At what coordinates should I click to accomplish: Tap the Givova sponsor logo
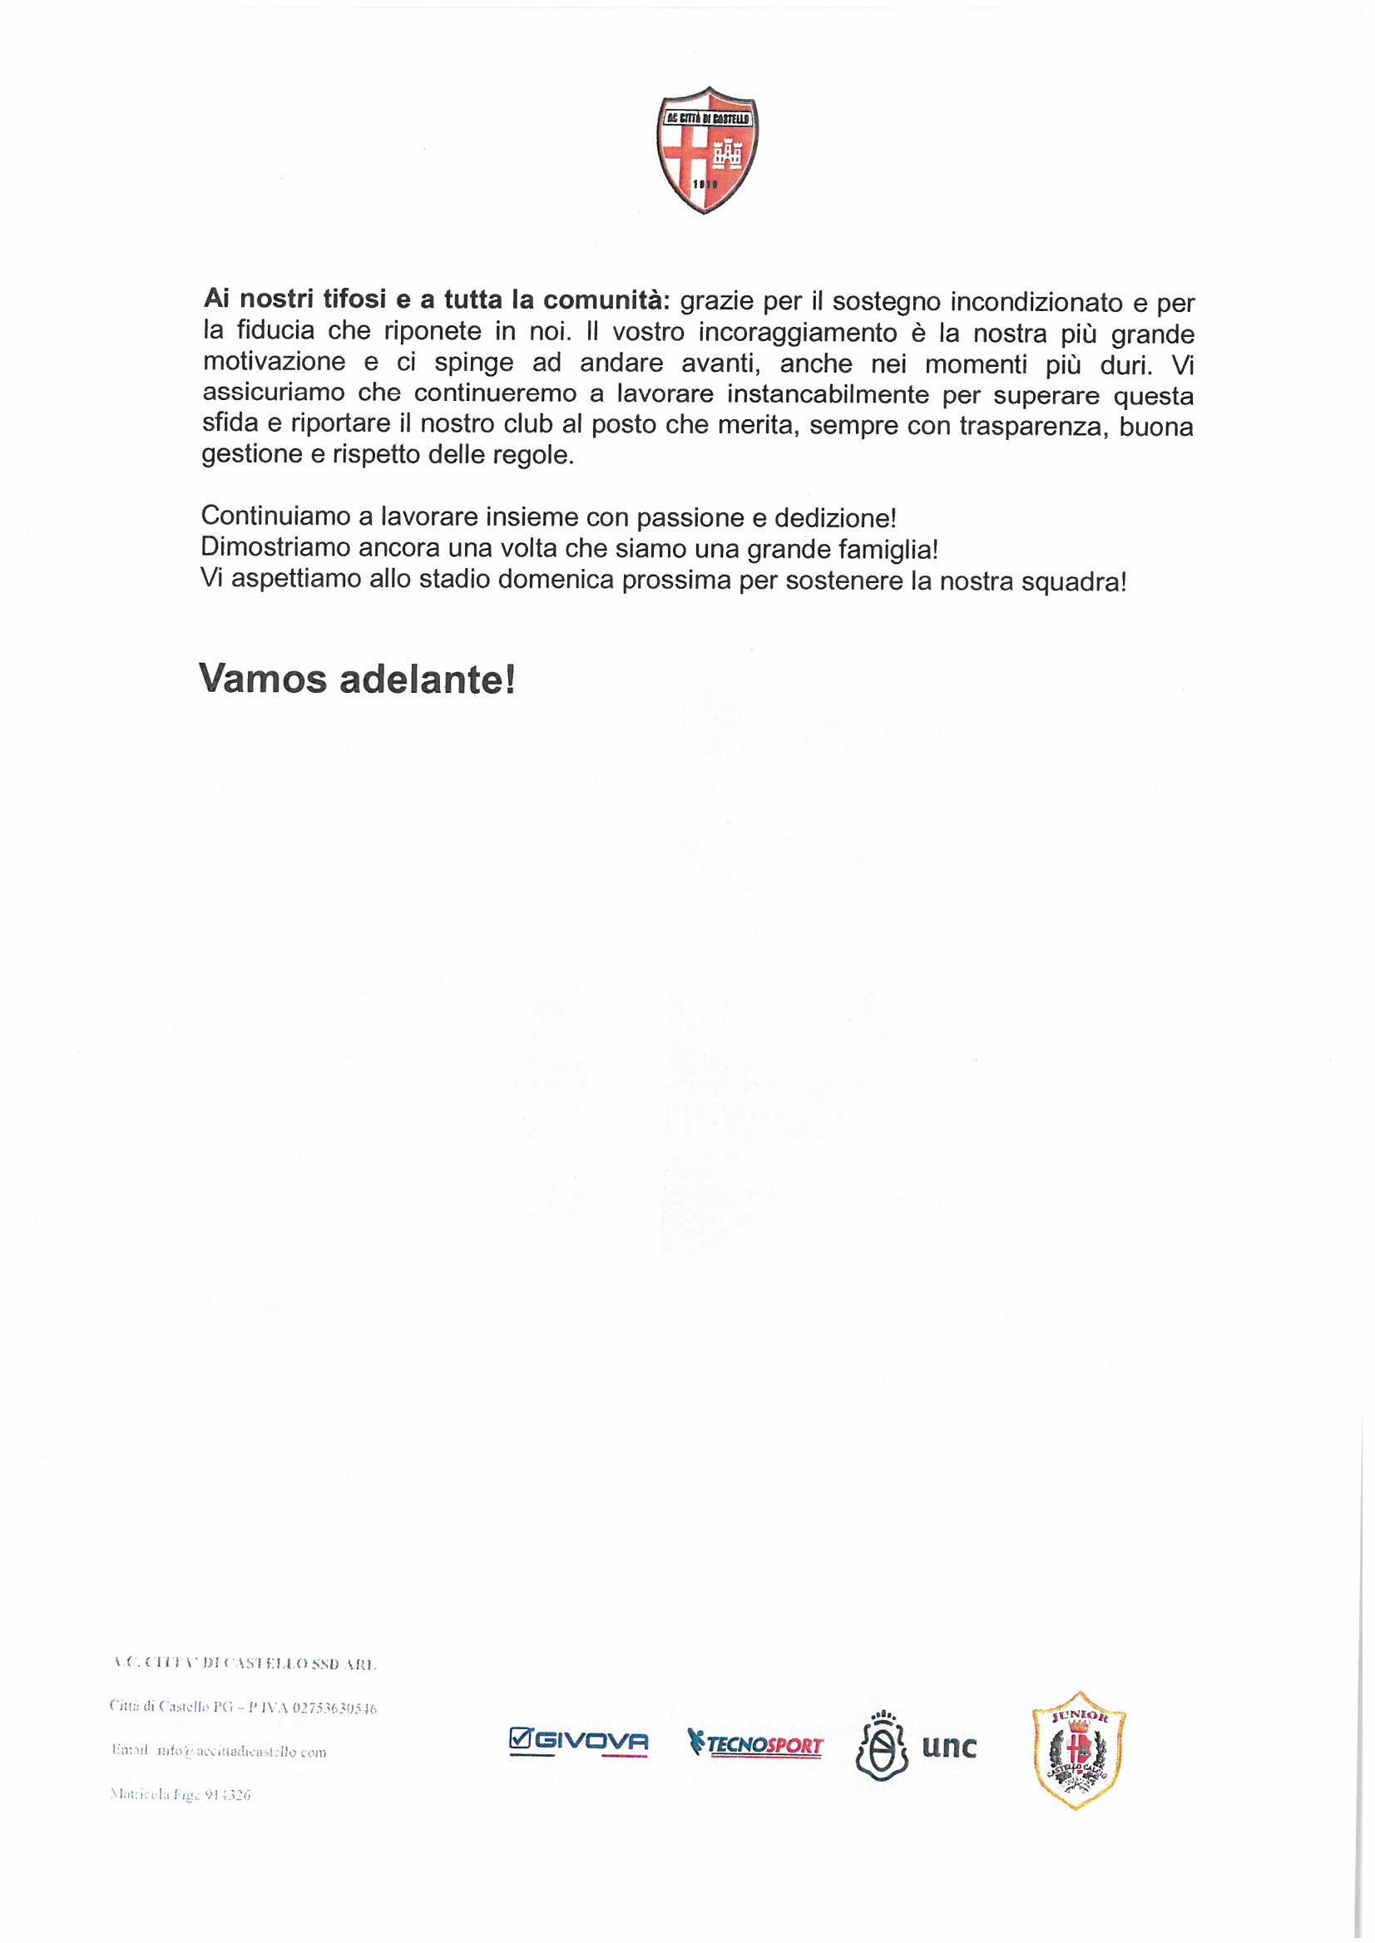click(x=578, y=1743)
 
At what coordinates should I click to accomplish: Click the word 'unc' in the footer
click(x=948, y=1746)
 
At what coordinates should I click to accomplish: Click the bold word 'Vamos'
click(x=263, y=679)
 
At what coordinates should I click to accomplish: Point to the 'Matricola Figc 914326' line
click(x=180, y=1794)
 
